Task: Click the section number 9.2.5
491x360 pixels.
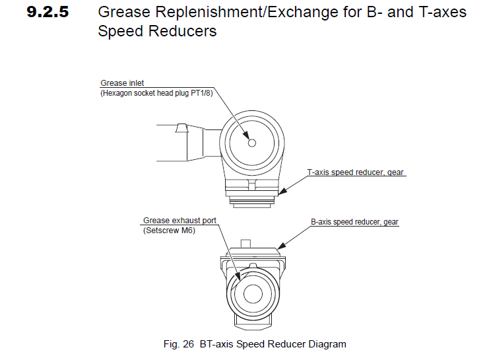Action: (48, 13)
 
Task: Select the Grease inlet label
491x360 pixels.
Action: (122, 83)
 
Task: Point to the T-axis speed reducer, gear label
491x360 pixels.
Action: (356, 172)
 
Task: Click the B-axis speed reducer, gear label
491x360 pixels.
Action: (355, 223)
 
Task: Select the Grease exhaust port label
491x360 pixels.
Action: (180, 221)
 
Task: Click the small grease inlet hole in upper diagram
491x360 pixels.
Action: (251, 143)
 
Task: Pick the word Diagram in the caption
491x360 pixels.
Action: (327, 344)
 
